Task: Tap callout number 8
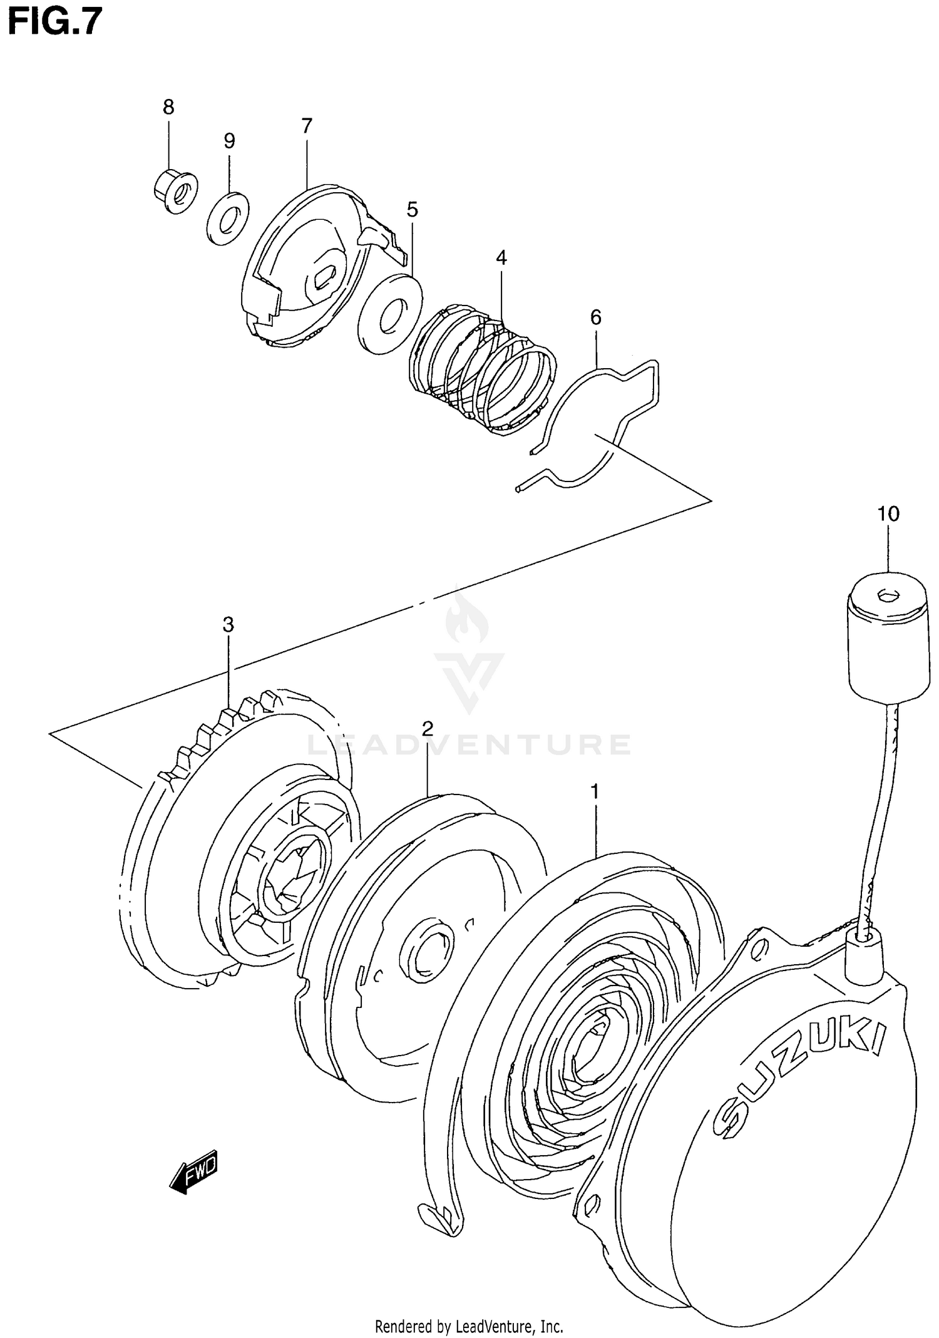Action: pyautogui.click(x=168, y=108)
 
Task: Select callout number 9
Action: pyautogui.click(x=230, y=141)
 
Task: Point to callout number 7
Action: pyautogui.click(x=306, y=126)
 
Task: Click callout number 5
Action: pyautogui.click(x=412, y=209)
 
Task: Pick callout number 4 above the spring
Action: pyautogui.click(x=501, y=257)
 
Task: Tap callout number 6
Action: pyautogui.click(x=595, y=317)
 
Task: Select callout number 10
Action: pyautogui.click(x=888, y=514)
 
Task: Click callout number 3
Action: pyautogui.click(x=228, y=624)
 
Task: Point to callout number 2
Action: pyautogui.click(x=428, y=728)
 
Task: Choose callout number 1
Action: pyautogui.click(x=595, y=792)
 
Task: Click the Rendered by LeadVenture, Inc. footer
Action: pyautogui.click(x=469, y=1325)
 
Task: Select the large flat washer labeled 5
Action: pyautogui.click(x=389, y=312)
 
